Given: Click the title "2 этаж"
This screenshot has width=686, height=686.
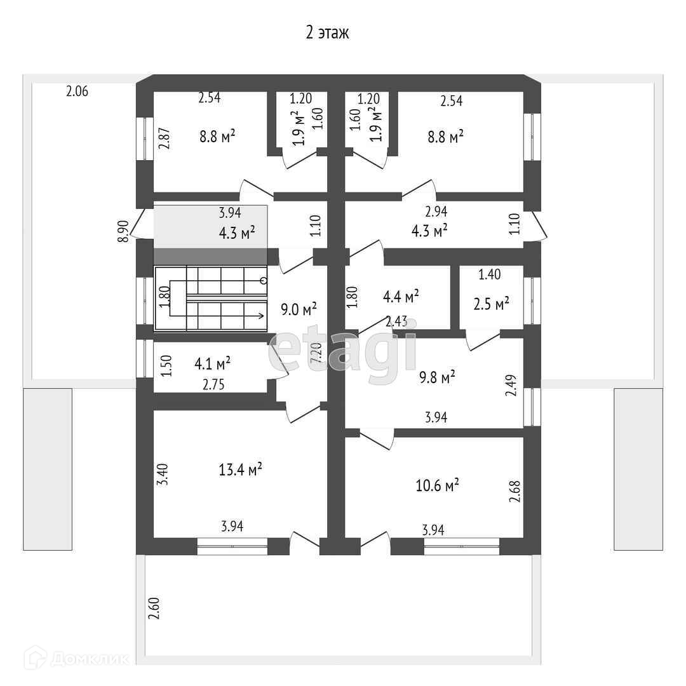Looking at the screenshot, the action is [327, 33].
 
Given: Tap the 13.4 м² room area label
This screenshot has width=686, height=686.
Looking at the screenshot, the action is [241, 470].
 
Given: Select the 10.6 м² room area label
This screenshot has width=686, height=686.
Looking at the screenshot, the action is [437, 486].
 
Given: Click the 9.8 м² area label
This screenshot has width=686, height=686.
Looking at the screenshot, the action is [437, 378].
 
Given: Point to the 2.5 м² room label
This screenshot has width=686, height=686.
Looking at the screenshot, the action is [492, 305].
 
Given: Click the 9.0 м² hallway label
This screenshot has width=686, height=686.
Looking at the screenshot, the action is [299, 309].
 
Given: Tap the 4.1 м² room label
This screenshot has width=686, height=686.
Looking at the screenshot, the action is [212, 364].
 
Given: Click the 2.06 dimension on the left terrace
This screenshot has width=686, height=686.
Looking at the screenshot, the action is [77, 91].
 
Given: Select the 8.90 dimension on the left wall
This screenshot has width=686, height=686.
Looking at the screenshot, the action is [124, 231].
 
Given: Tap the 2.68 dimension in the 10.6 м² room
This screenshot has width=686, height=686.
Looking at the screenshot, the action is [514, 492].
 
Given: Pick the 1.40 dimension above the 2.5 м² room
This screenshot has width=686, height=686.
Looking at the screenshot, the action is [489, 274].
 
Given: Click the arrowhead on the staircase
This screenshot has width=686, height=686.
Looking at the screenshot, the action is [262, 315].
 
